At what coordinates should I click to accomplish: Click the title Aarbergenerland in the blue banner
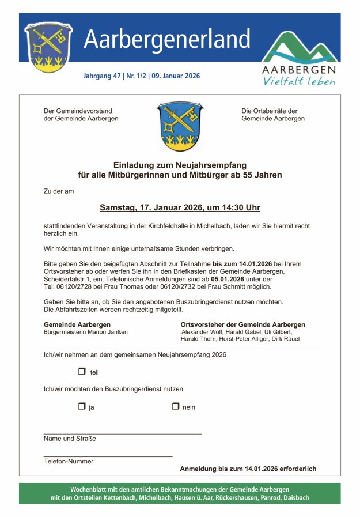[167, 39]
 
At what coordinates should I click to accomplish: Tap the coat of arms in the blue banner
[48, 48]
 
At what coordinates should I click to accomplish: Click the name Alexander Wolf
[200, 332]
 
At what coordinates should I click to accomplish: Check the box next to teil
[82, 372]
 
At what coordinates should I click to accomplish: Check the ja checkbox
[82, 406]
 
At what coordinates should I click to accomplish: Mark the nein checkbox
[176, 406]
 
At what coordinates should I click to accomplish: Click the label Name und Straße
[70, 439]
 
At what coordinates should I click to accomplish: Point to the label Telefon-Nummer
[69, 461]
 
